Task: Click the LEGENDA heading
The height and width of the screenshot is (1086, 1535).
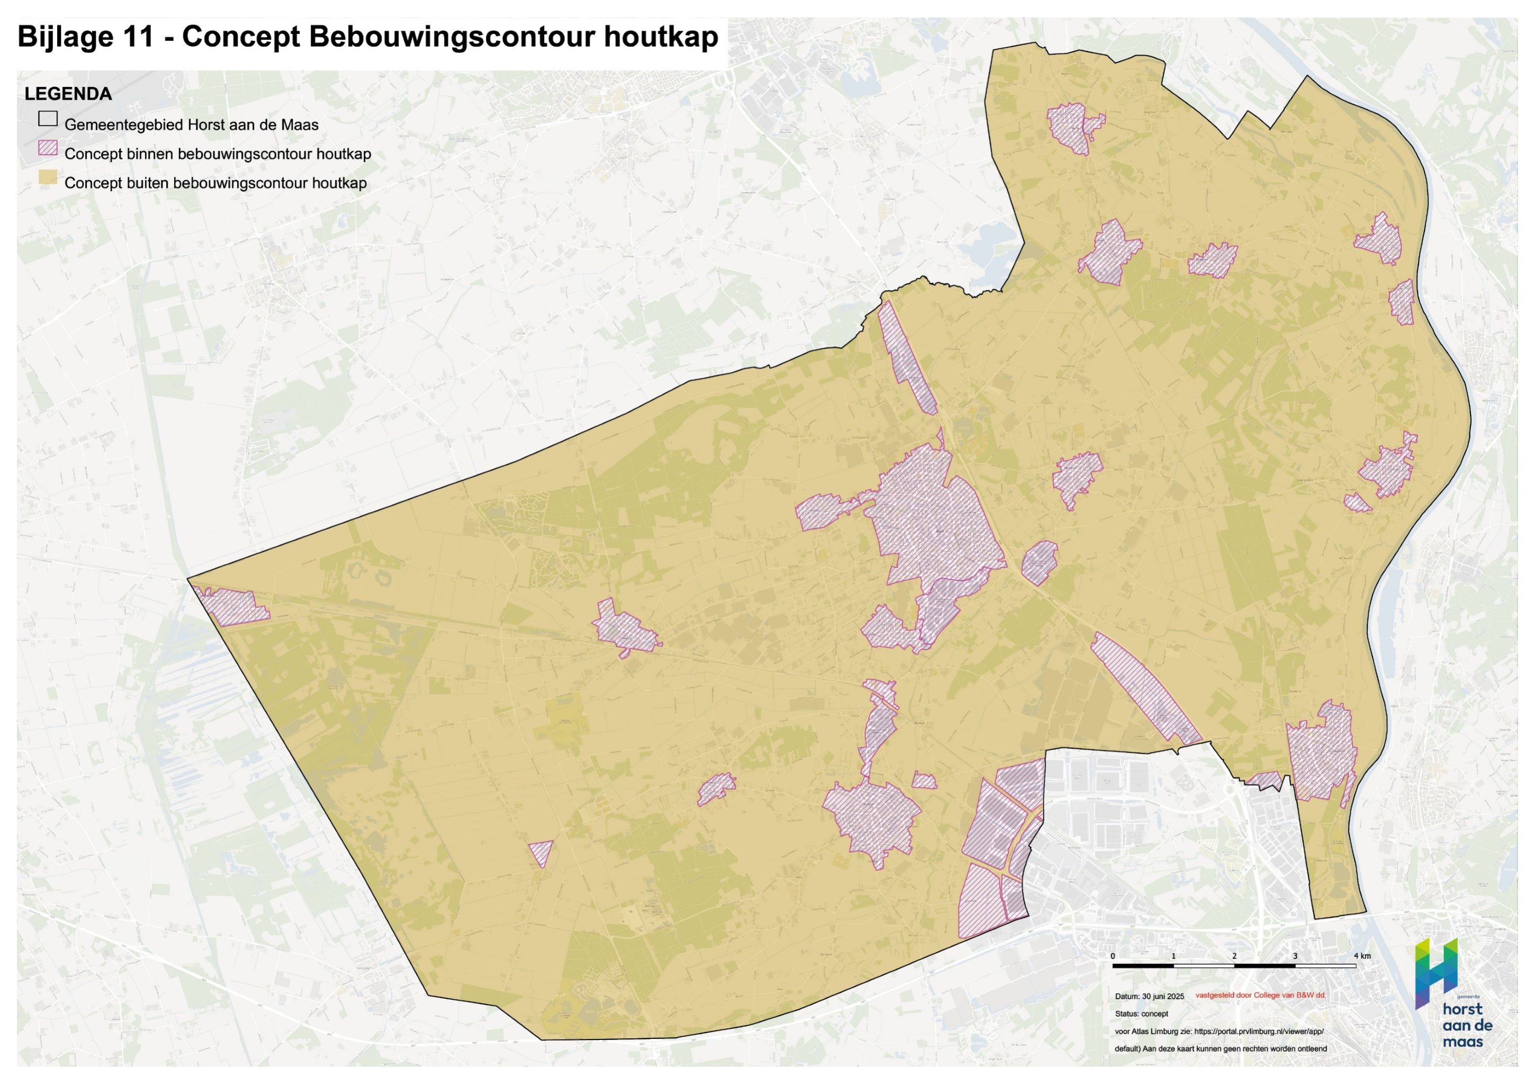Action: tap(68, 94)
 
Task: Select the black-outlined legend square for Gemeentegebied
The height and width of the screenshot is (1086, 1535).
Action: tap(48, 119)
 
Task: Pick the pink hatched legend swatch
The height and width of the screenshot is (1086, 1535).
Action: tap(48, 148)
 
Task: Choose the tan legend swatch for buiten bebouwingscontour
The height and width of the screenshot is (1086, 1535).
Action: tap(48, 177)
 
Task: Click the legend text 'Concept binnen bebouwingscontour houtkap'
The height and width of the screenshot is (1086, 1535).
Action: tap(217, 154)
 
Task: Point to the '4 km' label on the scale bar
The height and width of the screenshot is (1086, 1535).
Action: tap(1362, 956)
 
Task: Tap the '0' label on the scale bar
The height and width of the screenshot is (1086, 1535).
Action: tap(1113, 956)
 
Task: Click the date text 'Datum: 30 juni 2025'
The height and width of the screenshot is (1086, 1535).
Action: tap(1149, 997)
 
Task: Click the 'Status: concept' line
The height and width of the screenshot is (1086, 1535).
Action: tap(1141, 1014)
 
